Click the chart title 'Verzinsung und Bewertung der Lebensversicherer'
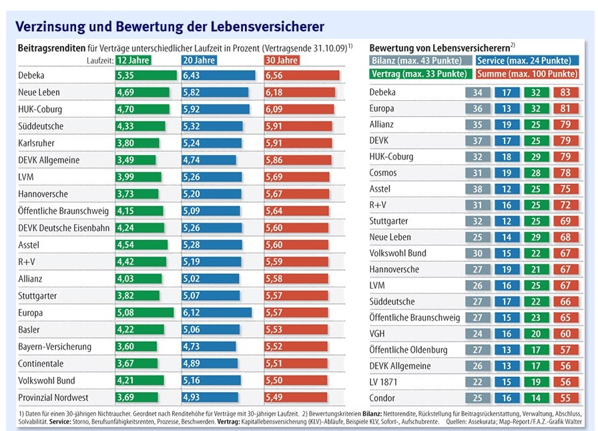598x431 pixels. pyautogui.click(x=170, y=27)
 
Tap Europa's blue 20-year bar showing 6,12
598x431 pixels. pyautogui.click(x=216, y=312)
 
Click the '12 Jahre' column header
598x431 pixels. pyautogui.click(x=133, y=59)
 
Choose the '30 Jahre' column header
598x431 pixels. pyautogui.click(x=282, y=59)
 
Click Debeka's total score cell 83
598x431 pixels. pyautogui.click(x=565, y=92)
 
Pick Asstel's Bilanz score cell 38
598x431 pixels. pyautogui.click(x=477, y=189)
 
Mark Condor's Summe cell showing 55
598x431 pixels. pyautogui.click(x=565, y=398)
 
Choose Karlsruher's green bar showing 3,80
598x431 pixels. pyautogui.click(x=137, y=143)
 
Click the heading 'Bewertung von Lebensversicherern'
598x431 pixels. pyautogui.click(x=440, y=48)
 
